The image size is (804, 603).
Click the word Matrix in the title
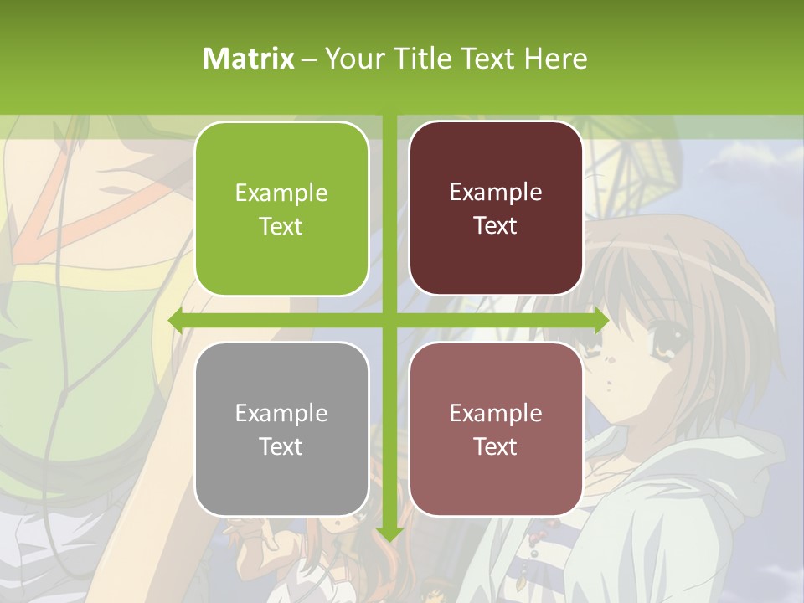249,59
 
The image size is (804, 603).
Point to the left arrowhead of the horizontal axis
176,321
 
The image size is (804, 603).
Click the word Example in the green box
281,193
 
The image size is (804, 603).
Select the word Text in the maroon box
496,226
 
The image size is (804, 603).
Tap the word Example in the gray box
281,413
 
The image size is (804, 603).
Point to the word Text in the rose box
496,446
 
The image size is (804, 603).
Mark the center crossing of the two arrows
389,321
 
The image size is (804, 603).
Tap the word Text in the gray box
281,446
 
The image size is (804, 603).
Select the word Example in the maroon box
496,193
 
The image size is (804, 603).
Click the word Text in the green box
281,226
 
